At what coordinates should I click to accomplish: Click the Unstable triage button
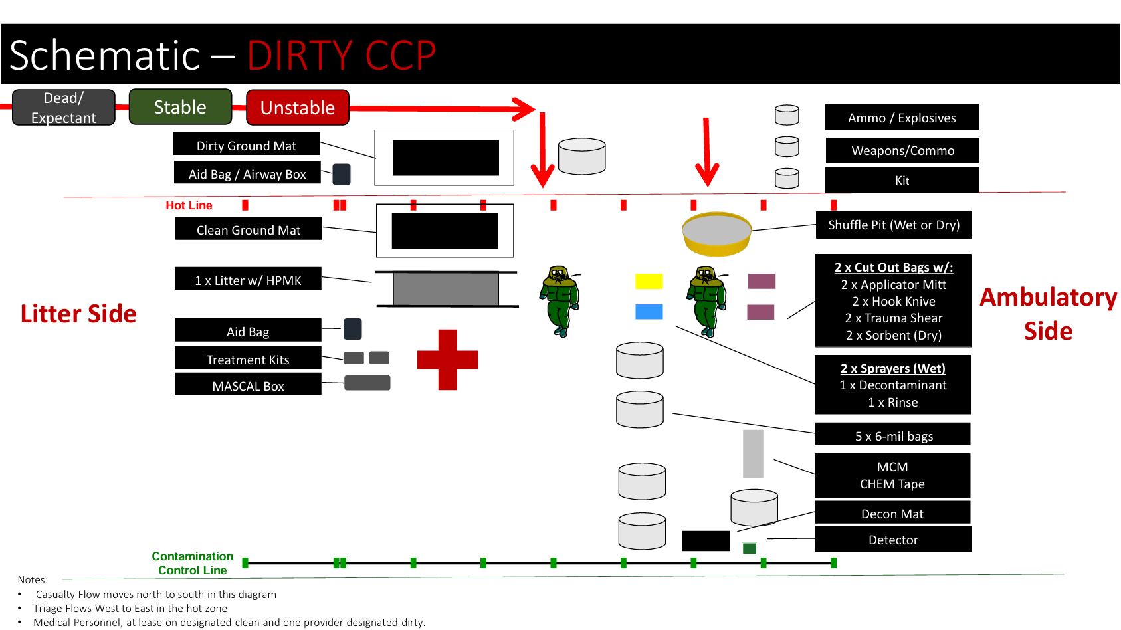[297, 108]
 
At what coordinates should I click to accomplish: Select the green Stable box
[180, 107]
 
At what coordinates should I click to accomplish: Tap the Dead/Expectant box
[64, 108]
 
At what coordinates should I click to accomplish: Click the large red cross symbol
[447, 360]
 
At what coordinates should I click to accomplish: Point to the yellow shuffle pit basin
[716, 233]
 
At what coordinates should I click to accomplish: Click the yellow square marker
[649, 281]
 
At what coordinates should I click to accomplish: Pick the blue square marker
[649, 312]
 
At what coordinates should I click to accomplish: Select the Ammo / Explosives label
[901, 118]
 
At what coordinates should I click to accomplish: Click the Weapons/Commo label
[902, 151]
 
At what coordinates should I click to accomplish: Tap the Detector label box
[892, 540]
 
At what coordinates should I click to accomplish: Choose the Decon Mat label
[892, 513]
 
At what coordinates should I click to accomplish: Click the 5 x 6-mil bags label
[892, 435]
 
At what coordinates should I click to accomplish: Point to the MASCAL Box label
[248, 385]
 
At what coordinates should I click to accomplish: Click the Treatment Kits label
[248, 359]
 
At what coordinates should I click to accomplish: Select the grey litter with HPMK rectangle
[446, 289]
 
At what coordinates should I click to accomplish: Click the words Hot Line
[189, 205]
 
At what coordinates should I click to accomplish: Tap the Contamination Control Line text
[192, 563]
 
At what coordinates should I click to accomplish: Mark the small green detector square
[750, 548]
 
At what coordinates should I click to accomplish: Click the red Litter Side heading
[78, 314]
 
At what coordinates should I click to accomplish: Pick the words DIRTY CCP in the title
[342, 55]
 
